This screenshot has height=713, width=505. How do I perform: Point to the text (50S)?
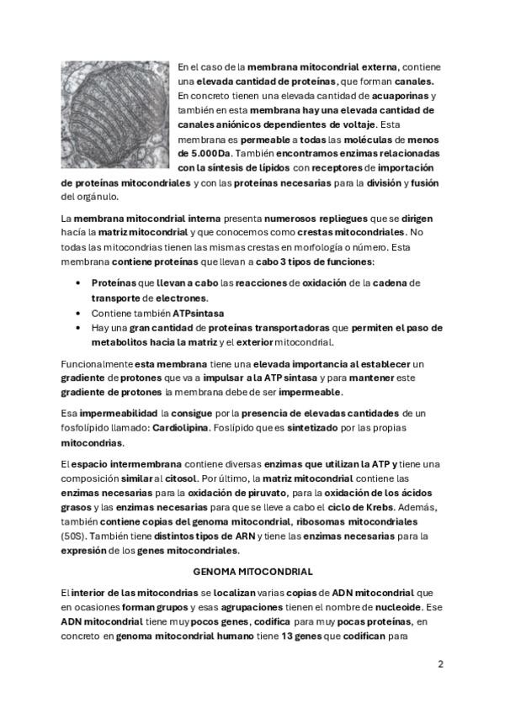tap(75, 535)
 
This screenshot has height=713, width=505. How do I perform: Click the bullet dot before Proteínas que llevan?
tap(78, 283)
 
